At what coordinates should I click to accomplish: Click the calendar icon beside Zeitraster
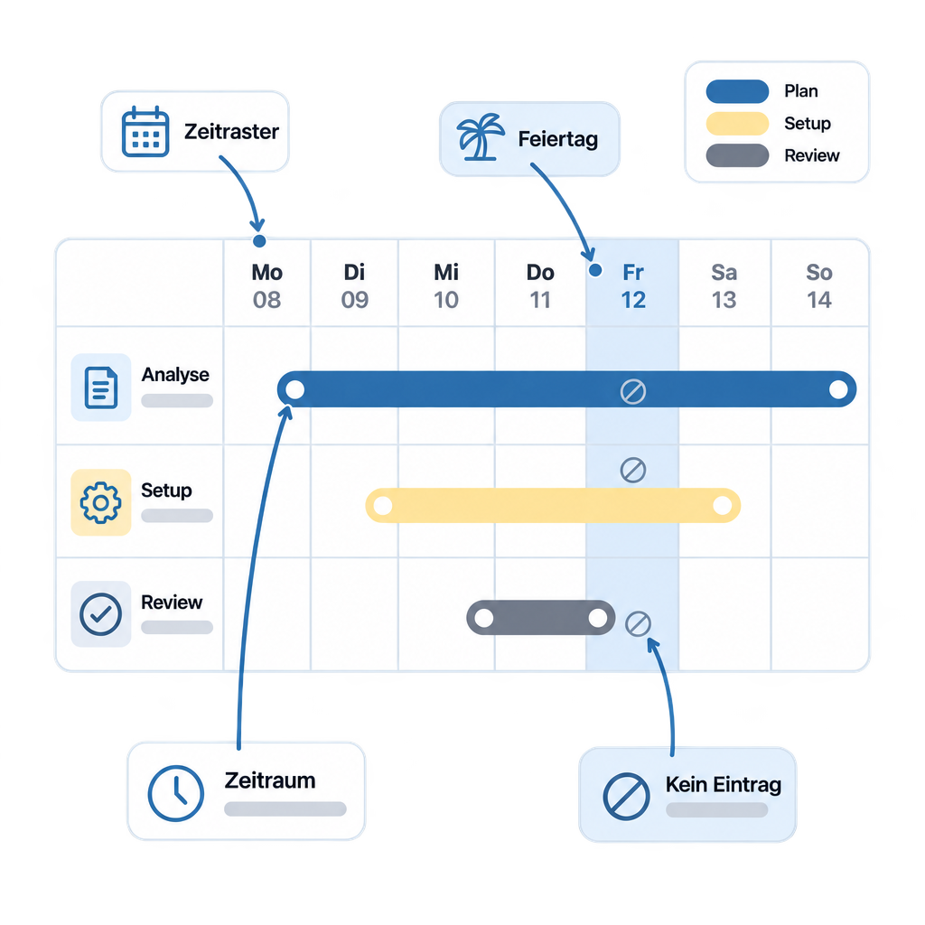pos(145,132)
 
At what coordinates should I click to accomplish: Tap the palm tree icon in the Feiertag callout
pos(481,137)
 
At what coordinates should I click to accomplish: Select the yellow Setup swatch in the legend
pos(737,123)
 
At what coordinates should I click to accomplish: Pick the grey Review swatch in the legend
pos(737,155)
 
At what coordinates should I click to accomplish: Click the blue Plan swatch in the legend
pos(737,91)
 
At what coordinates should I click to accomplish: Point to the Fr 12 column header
pos(633,286)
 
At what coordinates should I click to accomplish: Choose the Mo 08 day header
pos(267,286)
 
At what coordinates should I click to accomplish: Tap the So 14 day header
pos(818,286)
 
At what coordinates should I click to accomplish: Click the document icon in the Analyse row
pos(101,388)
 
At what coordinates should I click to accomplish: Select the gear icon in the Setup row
pos(101,502)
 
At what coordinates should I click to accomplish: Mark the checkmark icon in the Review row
pos(101,614)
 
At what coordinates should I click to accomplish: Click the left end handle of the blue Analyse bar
pos(295,389)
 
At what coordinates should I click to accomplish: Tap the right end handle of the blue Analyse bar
pos(838,389)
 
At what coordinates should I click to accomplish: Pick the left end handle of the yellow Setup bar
pos(383,506)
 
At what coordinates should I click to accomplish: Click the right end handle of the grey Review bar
pos(598,618)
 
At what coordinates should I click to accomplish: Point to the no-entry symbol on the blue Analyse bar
pos(633,391)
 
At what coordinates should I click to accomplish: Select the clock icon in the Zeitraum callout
pos(176,793)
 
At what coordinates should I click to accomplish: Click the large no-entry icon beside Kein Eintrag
pos(627,797)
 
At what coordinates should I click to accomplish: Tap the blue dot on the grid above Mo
pos(259,240)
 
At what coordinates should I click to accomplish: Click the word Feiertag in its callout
pos(558,139)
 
